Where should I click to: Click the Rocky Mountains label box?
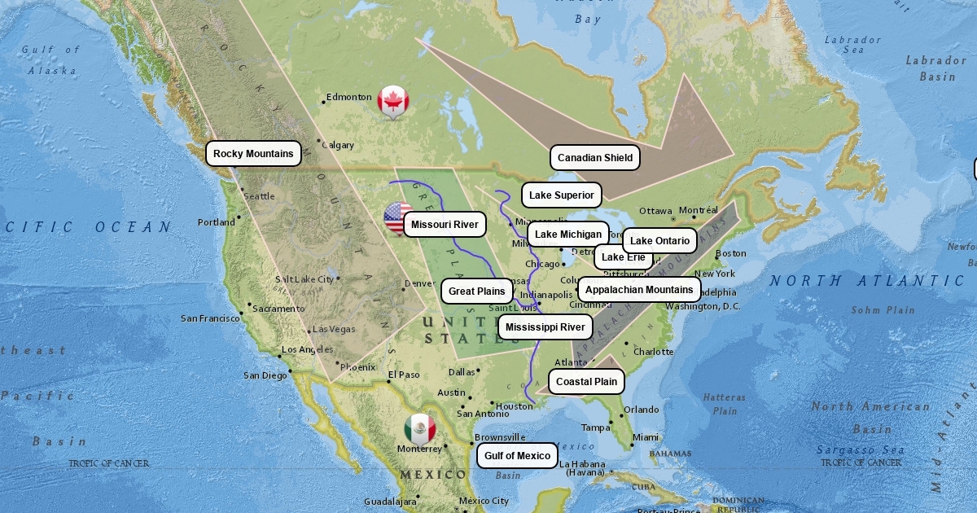(x=253, y=154)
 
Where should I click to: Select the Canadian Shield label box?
(x=594, y=158)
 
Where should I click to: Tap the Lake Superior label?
(x=561, y=195)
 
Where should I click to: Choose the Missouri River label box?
(x=445, y=225)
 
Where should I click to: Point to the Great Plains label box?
(x=476, y=291)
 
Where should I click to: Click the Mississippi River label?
(x=545, y=327)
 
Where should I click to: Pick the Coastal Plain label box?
(x=586, y=381)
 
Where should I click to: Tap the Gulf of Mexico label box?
(x=517, y=456)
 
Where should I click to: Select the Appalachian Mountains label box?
(x=639, y=289)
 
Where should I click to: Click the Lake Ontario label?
(x=659, y=240)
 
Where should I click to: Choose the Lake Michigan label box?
(x=567, y=235)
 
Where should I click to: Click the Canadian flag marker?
(x=393, y=101)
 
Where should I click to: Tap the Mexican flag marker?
(x=420, y=429)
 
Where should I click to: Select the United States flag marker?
(x=396, y=218)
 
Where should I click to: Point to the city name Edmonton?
(x=349, y=97)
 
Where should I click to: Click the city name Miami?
(x=645, y=437)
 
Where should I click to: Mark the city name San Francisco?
(x=210, y=318)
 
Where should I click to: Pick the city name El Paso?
(x=404, y=375)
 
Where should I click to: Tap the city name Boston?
(x=730, y=253)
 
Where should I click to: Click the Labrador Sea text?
(x=852, y=45)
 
